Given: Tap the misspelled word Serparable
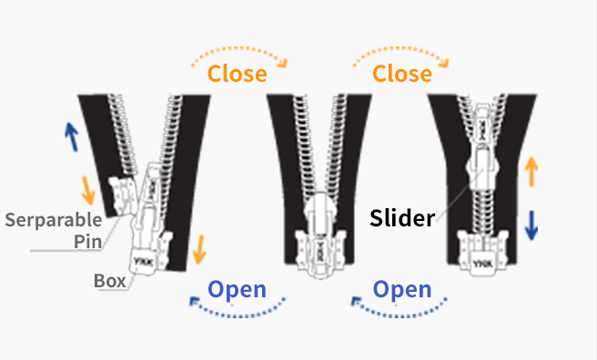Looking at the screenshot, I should tap(52, 220).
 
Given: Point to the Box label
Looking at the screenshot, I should tap(109, 280).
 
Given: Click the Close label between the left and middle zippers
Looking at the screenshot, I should tap(238, 73).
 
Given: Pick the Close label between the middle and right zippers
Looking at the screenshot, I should tap(401, 73).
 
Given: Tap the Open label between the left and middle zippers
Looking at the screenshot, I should tap(238, 290).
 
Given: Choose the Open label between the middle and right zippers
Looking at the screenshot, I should tap(402, 290).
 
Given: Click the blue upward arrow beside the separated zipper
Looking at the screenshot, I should tap(70, 137).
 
